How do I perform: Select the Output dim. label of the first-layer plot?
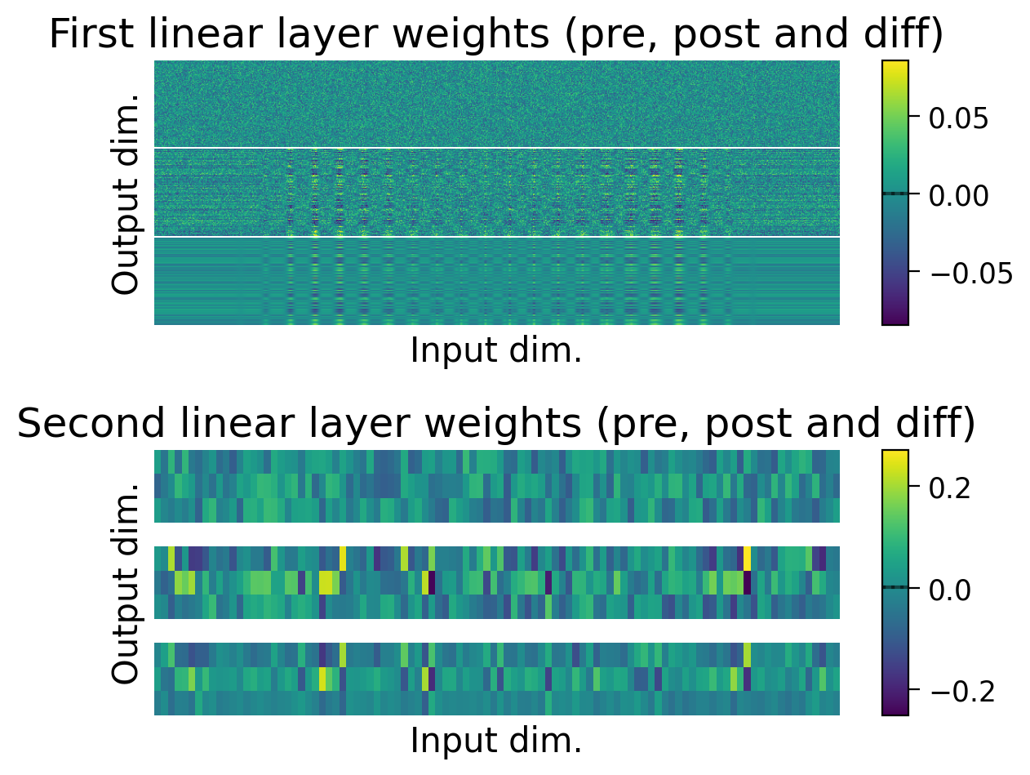point(126,194)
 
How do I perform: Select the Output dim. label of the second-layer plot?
point(126,583)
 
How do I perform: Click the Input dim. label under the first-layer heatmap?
point(496,350)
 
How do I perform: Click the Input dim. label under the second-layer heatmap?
point(496,740)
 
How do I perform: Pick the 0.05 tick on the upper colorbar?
point(960,118)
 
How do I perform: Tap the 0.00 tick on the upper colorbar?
point(960,194)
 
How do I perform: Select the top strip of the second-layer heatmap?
point(496,486)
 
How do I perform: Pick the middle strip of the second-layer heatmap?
point(496,582)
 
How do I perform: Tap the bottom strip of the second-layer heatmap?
point(496,679)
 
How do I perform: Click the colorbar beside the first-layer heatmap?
point(895,193)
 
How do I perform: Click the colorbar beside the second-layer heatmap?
point(895,582)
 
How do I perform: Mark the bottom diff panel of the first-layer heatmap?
point(496,281)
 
